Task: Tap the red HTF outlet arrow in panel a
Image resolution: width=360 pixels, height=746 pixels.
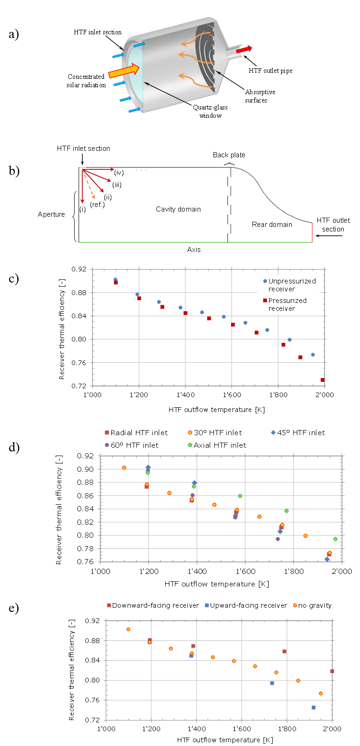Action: coord(244,50)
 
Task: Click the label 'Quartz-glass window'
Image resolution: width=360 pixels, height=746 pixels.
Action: coord(210,111)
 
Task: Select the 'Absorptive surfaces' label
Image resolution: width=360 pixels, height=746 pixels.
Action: coord(260,96)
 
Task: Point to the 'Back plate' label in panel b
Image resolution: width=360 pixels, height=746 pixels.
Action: coord(229,155)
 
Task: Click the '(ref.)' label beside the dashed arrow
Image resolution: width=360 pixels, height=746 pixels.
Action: coord(97,205)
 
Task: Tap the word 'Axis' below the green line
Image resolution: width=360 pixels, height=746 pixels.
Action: coord(194,250)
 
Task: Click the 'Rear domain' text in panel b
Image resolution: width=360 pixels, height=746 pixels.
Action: coord(272,225)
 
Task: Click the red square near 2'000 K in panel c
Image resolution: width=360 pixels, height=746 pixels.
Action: coord(322,380)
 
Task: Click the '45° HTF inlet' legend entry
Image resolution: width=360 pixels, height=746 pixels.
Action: coord(298,432)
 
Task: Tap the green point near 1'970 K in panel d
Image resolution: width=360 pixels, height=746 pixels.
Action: coord(335,539)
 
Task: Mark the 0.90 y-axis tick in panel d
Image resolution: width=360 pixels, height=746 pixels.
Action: coord(87,469)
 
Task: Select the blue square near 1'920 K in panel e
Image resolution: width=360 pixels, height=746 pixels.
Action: coord(314,707)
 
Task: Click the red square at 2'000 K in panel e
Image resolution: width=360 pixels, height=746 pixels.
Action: coord(332,671)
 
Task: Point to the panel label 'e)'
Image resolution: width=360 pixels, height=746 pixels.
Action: coord(14,608)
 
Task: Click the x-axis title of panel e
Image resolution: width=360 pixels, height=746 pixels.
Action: coord(225,740)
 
